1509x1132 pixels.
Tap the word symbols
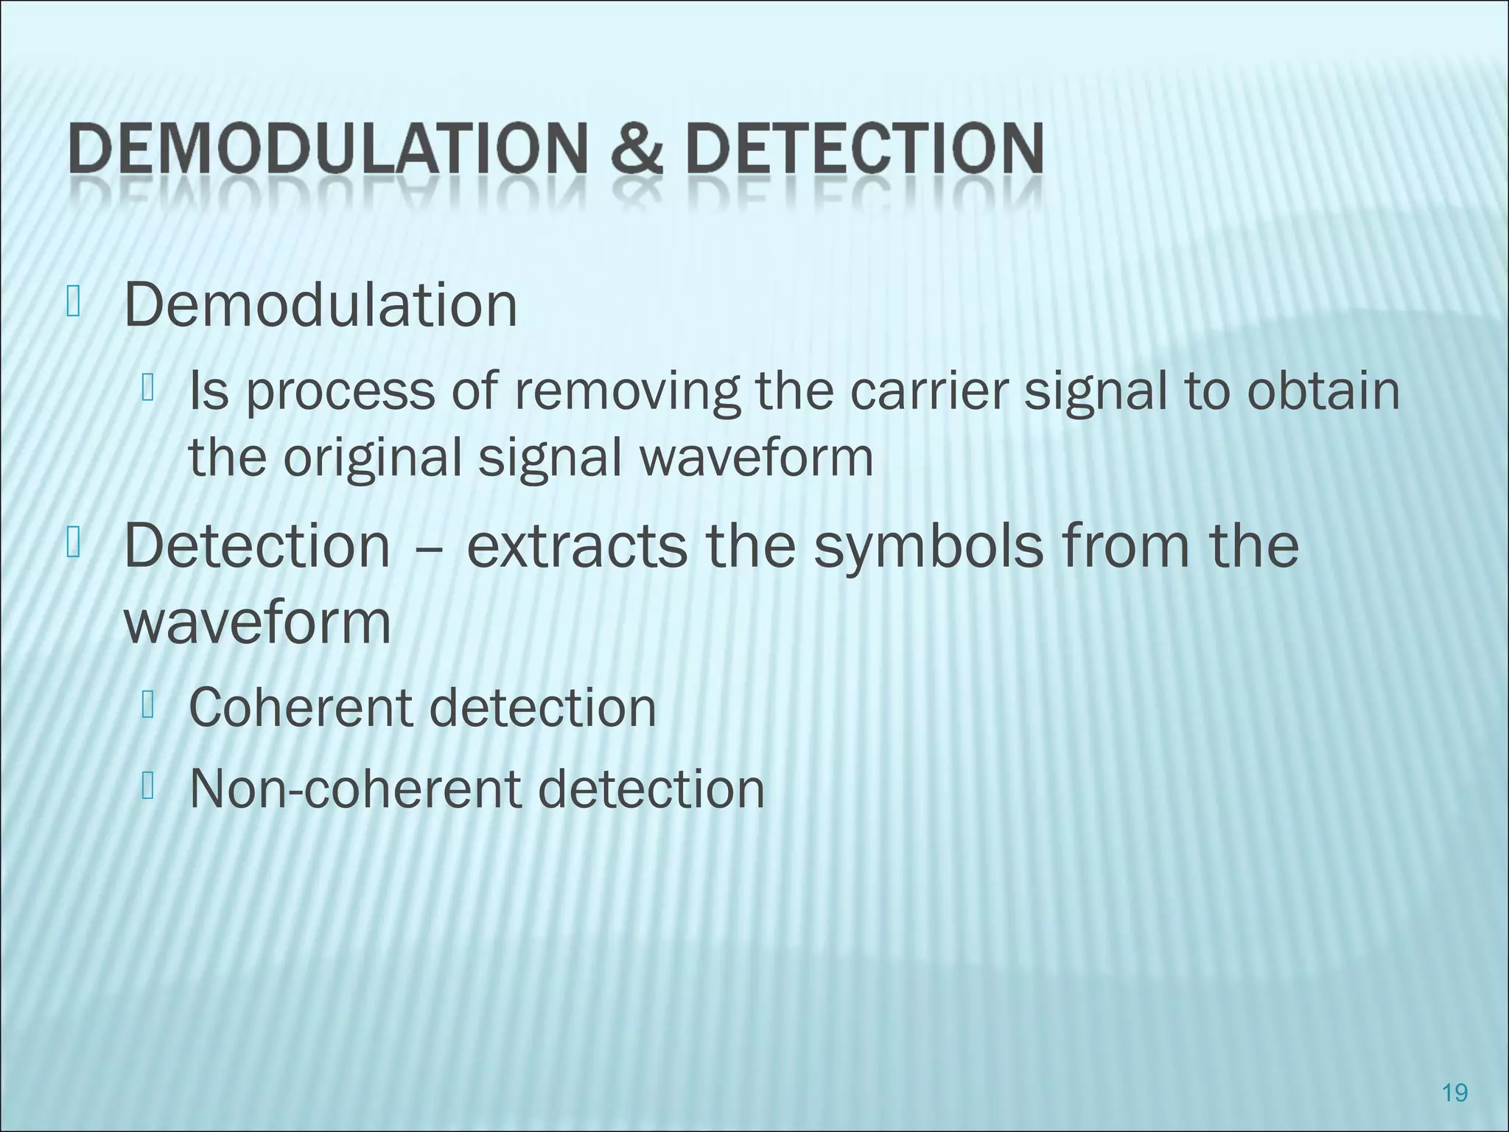[929, 548]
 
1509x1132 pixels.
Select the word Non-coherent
[358, 789]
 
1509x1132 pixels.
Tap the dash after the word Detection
[428, 548]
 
